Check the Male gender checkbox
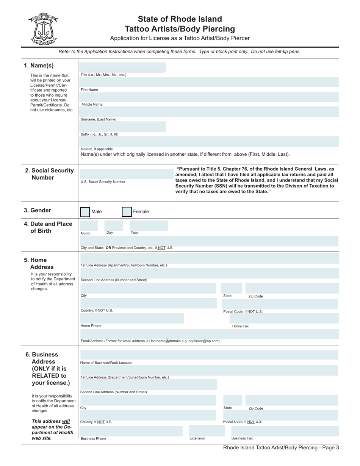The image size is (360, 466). [85, 212]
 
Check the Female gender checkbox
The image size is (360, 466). [127, 212]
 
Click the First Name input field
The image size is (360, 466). [210, 82]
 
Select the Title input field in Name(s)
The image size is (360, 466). [122, 67]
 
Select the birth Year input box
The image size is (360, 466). [149, 226]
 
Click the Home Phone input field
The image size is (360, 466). [131, 318]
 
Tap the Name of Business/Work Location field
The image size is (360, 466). [209, 355]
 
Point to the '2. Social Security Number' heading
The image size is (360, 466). [49, 174]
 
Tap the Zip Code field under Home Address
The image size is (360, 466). [292, 288]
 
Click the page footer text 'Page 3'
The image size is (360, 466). [329, 447]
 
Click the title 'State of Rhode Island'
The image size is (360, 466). [180, 19]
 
